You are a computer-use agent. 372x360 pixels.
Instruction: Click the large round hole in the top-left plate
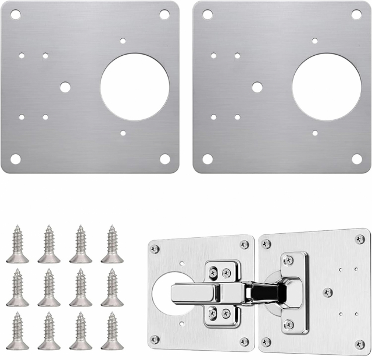click(x=135, y=87)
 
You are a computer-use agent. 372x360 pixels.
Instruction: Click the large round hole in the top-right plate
click(x=326, y=87)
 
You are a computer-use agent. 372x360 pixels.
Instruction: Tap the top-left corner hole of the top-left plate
click(x=16, y=15)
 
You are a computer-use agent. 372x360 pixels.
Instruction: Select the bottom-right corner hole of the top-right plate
click(x=356, y=158)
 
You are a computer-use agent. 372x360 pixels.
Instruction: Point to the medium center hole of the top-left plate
click(x=65, y=87)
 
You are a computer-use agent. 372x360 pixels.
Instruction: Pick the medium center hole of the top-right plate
click(x=257, y=87)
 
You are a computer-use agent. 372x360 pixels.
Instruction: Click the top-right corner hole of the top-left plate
click(x=164, y=15)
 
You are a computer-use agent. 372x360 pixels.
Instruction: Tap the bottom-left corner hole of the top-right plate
click(x=208, y=158)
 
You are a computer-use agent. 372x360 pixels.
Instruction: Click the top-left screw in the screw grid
click(x=17, y=244)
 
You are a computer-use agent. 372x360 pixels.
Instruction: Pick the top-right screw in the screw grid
click(x=112, y=244)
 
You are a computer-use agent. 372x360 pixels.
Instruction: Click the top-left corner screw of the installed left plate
click(x=155, y=249)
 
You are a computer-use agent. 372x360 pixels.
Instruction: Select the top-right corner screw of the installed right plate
click(x=360, y=239)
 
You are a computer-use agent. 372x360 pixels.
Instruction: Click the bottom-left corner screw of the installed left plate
click(x=155, y=340)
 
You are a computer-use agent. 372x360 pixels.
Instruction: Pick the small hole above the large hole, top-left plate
click(x=123, y=41)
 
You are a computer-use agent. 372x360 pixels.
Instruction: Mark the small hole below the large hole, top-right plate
click(x=314, y=133)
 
